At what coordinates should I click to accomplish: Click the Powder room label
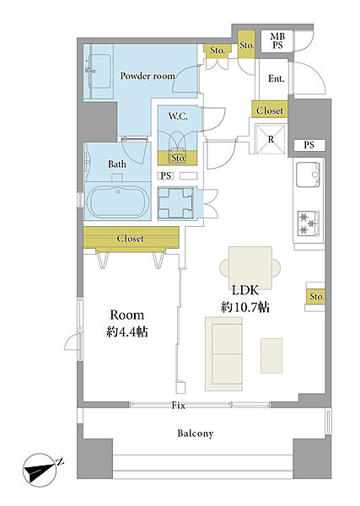[x=148, y=76]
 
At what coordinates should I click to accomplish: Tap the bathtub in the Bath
[x=118, y=201]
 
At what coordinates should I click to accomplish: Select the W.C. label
[x=178, y=116]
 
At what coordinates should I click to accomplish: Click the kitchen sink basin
[x=308, y=175]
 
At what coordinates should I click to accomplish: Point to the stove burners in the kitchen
[x=308, y=223]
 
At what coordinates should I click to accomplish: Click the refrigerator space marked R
[x=271, y=140]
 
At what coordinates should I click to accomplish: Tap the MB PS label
[x=277, y=41]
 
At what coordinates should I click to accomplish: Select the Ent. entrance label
[x=277, y=78]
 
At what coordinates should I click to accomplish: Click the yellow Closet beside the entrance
[x=270, y=110]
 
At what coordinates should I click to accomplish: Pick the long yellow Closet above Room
[x=131, y=238]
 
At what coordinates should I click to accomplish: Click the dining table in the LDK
[x=250, y=267]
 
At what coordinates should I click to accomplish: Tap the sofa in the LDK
[x=223, y=354]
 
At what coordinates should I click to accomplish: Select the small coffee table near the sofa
[x=271, y=356]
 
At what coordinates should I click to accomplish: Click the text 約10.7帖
[x=245, y=307]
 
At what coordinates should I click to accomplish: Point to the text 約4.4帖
[x=127, y=331]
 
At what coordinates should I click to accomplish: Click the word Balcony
[x=196, y=433]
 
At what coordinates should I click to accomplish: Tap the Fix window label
[x=179, y=406]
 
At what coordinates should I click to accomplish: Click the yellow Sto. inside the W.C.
[x=177, y=159]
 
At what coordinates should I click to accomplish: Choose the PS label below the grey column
[x=309, y=145]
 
